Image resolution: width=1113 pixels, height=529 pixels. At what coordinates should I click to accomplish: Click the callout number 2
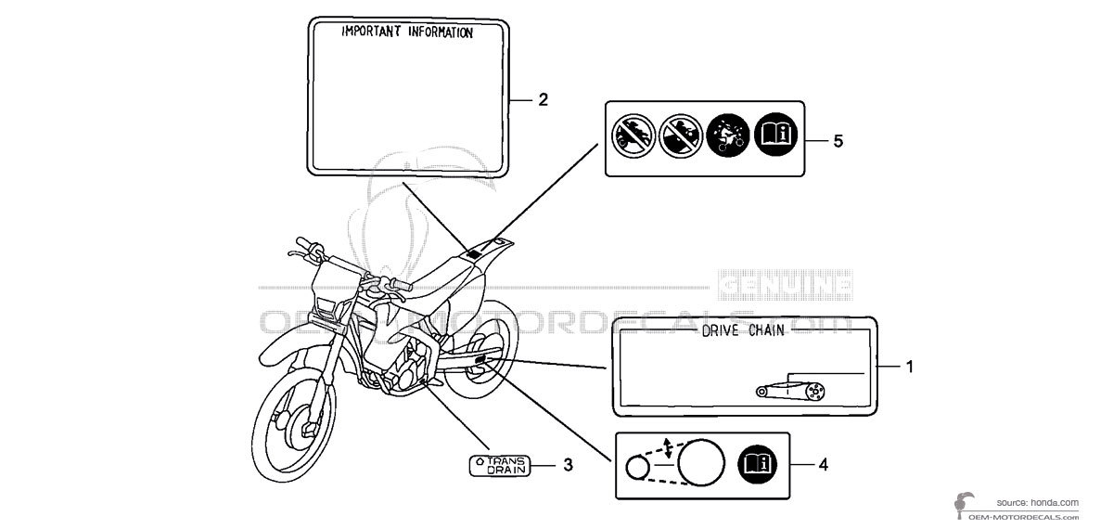pos(544,99)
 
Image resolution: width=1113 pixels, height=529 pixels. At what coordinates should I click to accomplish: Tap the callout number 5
pos(838,141)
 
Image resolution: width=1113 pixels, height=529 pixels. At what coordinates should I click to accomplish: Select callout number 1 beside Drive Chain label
pos(910,368)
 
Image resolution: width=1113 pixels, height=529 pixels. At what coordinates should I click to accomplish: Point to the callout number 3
pos(569,465)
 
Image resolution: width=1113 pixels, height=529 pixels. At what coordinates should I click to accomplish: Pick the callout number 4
pos(823,465)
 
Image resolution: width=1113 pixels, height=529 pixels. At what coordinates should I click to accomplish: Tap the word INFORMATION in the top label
pos(436,32)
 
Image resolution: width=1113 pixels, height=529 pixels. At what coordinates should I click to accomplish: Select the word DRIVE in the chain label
pos(715,330)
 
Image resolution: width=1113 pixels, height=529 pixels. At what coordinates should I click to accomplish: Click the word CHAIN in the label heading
pos(764,330)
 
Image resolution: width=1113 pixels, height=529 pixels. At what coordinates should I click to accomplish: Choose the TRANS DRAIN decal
pos(499,465)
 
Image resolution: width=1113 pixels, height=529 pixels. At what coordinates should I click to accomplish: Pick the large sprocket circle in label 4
pos(700,460)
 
